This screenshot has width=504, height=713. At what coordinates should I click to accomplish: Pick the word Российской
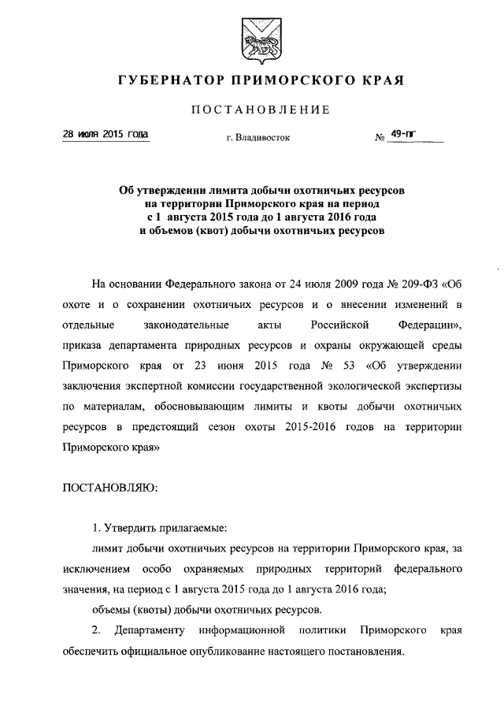329,325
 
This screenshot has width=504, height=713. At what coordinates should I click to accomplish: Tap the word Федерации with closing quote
415,325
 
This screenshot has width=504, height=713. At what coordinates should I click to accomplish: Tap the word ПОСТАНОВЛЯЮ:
110,488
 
